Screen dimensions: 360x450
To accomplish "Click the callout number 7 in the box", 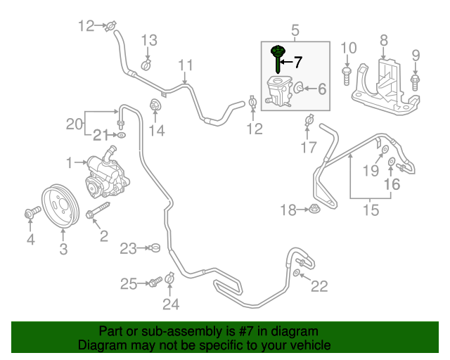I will point(297,63).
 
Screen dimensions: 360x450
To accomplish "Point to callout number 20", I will point(75,124).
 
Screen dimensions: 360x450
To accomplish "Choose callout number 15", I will point(371,210).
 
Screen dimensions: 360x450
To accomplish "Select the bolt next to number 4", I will point(31,212).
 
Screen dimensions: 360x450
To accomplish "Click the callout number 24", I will point(171,304).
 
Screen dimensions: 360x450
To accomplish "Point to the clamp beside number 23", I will point(155,247).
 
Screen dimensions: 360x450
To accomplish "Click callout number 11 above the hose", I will point(185,66).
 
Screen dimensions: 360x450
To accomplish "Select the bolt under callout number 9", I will point(415,82).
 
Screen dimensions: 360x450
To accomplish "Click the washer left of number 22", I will point(298,272).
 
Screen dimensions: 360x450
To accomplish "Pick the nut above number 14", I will point(155,107).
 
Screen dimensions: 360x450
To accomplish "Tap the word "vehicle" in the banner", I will point(311,345).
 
